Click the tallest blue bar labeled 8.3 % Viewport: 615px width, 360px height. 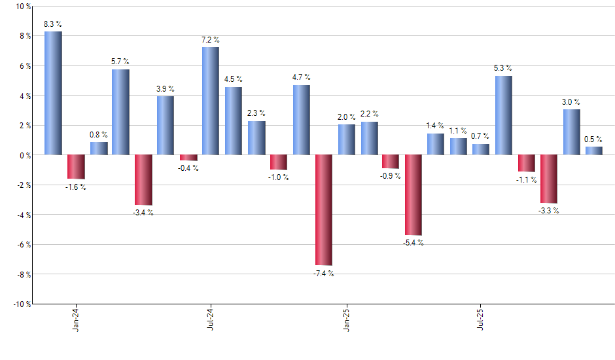click(x=53, y=93)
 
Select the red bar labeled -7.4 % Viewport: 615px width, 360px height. click(x=324, y=209)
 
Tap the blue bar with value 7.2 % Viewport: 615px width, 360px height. click(x=211, y=101)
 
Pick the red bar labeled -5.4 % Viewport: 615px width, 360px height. click(x=413, y=194)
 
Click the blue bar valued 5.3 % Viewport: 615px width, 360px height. click(x=504, y=115)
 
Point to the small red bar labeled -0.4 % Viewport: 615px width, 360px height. click(x=188, y=158)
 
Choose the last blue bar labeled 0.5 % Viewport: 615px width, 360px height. click(x=594, y=151)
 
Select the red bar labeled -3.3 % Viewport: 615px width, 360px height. click(x=549, y=179)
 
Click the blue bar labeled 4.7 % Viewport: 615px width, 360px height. click(x=302, y=120)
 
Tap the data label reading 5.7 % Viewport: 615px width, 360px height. click(x=120, y=62)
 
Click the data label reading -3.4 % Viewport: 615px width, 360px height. click(x=143, y=213)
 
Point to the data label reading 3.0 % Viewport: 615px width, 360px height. click(x=571, y=102)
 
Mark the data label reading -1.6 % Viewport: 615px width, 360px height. click(x=76, y=187)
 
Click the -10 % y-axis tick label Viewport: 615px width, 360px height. click(x=21, y=304)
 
